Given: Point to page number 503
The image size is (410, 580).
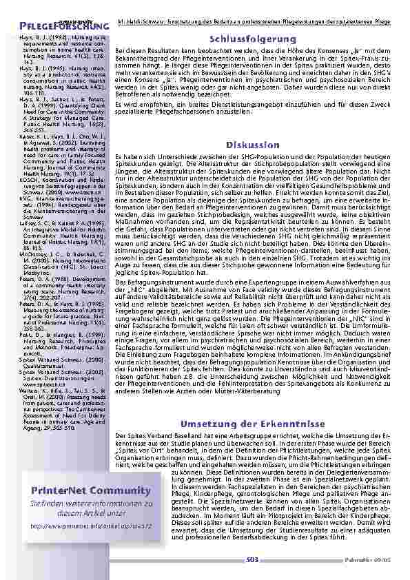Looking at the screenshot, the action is (253, 561).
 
